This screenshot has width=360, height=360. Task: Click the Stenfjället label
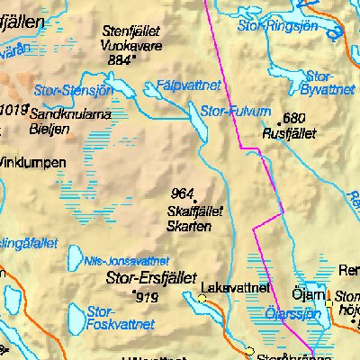click(x=131, y=29)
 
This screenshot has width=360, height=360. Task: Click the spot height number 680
click(x=294, y=118)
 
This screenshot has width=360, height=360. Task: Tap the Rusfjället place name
click(x=287, y=132)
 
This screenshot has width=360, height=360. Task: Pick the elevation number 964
click(x=183, y=193)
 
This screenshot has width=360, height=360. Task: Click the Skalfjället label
click(x=196, y=211)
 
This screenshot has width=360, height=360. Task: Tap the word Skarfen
click(x=190, y=226)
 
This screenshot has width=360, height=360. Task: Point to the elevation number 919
click(x=148, y=296)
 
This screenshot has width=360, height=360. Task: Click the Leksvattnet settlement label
click(x=237, y=287)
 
